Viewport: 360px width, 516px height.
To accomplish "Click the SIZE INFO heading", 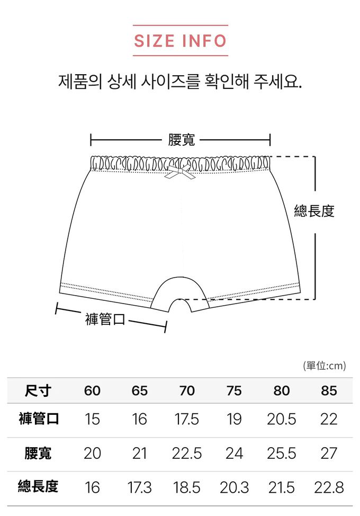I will point(180,41).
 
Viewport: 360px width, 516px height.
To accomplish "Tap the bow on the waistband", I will point(178,173).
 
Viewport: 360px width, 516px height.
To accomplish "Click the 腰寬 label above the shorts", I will point(182,140).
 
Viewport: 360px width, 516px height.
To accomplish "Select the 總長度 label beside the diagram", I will point(314,211).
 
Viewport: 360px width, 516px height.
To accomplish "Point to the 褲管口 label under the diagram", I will point(105,319).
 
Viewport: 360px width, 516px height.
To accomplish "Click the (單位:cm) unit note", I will point(324,366).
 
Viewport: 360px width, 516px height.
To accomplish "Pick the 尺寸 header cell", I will point(38,391).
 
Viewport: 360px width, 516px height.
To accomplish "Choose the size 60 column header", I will point(92,391).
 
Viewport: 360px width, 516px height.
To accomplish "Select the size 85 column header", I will point(329,391).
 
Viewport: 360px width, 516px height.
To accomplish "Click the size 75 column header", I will point(234,391).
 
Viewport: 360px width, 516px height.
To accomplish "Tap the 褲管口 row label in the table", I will point(38,420).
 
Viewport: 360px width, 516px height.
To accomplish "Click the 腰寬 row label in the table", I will point(38,453).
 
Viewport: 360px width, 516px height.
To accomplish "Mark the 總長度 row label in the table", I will point(38,487).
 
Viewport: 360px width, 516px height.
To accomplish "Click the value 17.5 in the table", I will point(187,420).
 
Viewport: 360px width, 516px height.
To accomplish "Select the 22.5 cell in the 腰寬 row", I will point(187,453).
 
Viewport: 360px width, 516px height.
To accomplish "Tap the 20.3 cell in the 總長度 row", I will point(234,487).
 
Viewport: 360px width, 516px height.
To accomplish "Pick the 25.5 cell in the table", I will point(282,453).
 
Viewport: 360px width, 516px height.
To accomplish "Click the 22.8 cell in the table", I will point(329,487).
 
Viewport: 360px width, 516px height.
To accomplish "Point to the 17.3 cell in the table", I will point(140,487).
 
